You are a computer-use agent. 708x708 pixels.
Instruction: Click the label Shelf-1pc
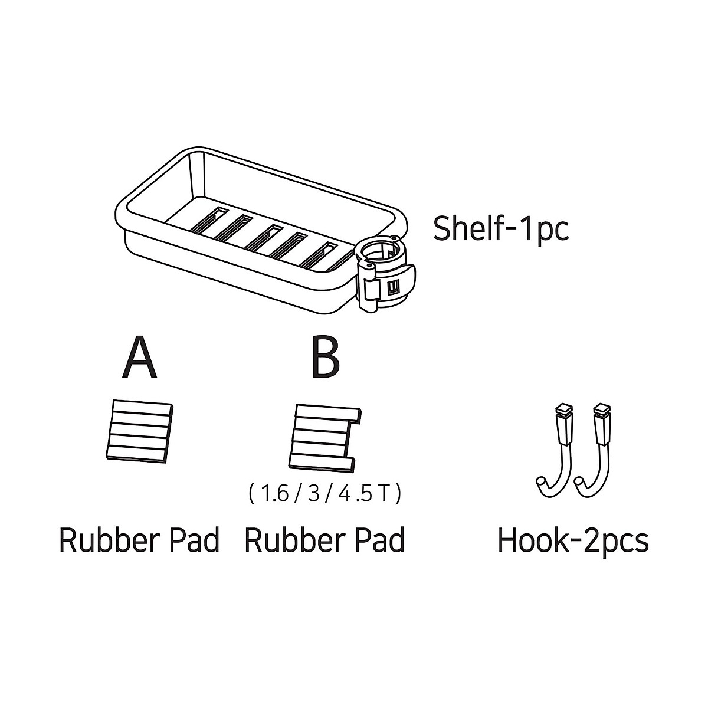pos(501,228)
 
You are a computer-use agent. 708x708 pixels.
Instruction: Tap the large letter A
pos(140,359)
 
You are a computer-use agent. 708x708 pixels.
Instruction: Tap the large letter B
pos(325,359)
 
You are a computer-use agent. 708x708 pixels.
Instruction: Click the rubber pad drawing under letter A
pos(139,430)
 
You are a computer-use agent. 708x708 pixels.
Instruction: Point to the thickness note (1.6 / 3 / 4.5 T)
pos(324,493)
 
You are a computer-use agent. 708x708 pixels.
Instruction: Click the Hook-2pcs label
pos(573,540)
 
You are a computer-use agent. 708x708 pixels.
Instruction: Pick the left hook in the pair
pos(556,448)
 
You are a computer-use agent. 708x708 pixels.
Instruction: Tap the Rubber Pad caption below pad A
pos(139,539)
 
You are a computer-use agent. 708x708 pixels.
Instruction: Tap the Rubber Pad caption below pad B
pos(324,539)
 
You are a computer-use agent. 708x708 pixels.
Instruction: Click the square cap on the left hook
pos(564,409)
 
